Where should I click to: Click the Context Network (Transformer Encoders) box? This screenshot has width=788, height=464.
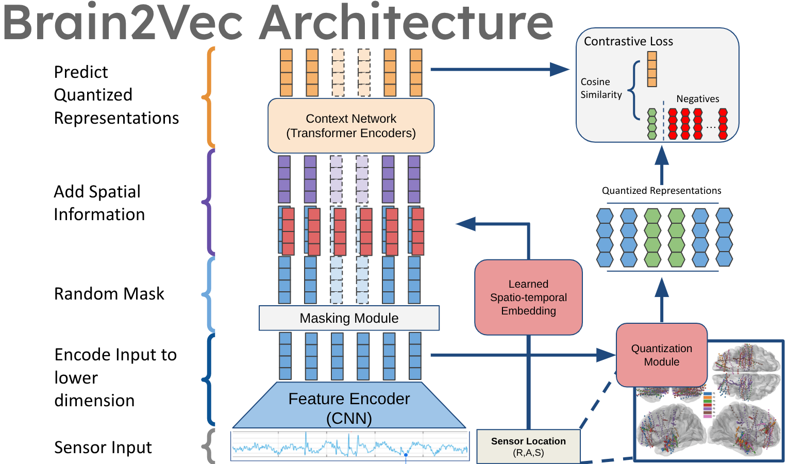pyautogui.click(x=351, y=126)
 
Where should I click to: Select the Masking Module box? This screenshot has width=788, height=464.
pyautogui.click(x=349, y=318)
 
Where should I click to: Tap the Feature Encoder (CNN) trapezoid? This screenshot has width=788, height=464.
pyautogui.click(x=349, y=407)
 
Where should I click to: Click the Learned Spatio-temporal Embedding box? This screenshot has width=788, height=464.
pyautogui.click(x=528, y=297)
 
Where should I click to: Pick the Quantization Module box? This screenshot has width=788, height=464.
pyautogui.click(x=661, y=355)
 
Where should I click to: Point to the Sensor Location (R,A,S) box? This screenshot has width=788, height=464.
pyautogui.click(x=528, y=446)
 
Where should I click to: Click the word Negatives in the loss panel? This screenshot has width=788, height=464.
pyautogui.click(x=697, y=99)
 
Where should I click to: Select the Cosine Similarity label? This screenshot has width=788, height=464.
pyautogui.click(x=601, y=88)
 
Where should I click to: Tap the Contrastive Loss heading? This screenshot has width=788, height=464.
pyautogui.click(x=628, y=41)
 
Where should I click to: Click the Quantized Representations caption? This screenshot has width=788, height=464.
pyautogui.click(x=661, y=191)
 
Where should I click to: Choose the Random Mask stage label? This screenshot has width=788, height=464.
pyautogui.click(x=109, y=294)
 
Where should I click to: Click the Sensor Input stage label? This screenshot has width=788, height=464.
pyautogui.click(x=103, y=448)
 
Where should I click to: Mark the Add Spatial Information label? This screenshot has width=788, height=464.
pyautogui.click(x=99, y=203)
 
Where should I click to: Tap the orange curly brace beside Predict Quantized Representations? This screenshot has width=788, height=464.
pyautogui.click(x=209, y=97)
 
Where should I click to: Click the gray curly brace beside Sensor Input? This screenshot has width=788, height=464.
pyautogui.click(x=208, y=446)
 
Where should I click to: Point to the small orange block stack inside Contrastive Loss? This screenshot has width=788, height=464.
pyautogui.click(x=652, y=69)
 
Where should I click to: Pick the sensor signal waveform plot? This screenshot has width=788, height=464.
pyautogui.click(x=350, y=446)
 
